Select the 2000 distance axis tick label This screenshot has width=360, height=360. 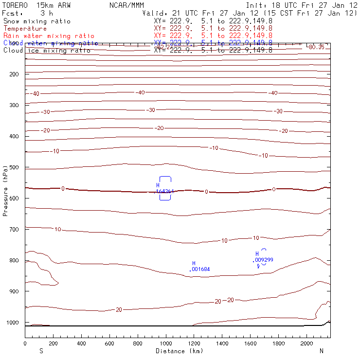pyautogui.click(x=306, y=343)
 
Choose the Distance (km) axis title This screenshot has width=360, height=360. pyautogui.click(x=179, y=351)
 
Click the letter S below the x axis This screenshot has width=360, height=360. pyautogui.click(x=41, y=351)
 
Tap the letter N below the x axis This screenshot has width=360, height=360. pyautogui.click(x=321, y=351)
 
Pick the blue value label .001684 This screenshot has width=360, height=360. pyautogui.click(x=199, y=269)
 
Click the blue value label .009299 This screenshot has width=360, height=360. pyautogui.click(x=263, y=260)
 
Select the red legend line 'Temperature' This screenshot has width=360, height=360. pyautogui.click(x=25, y=29)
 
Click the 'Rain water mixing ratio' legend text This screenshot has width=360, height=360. pyautogui.click(x=49, y=36)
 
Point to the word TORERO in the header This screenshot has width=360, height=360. pyautogui.click(x=15, y=5)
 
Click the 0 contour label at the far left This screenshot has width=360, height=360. pyautogui.click(x=62, y=188)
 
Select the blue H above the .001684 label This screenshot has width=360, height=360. pyautogui.click(x=194, y=263)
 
